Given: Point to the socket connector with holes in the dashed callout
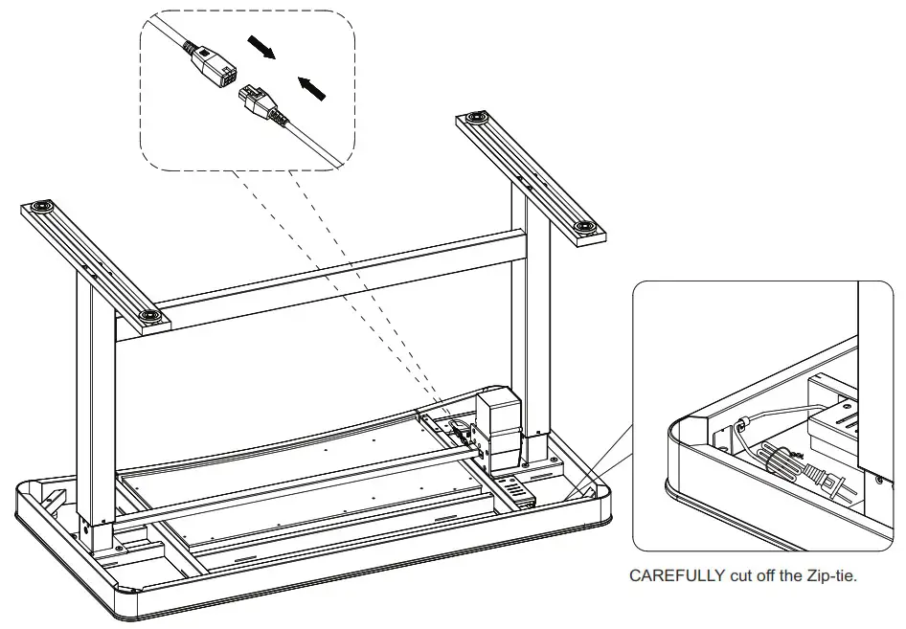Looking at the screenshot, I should [215, 67].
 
